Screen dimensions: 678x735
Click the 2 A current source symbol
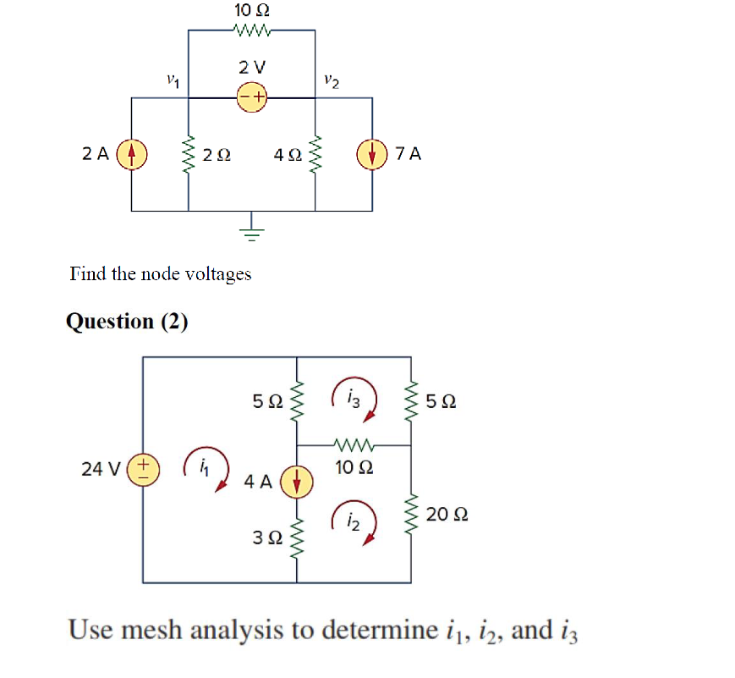point(131,155)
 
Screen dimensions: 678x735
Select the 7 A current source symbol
point(372,155)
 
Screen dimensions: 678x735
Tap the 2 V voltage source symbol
point(251,98)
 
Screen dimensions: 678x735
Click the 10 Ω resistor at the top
point(251,31)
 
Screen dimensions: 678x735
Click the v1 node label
point(173,81)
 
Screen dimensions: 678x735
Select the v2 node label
point(331,81)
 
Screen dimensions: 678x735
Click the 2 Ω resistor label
point(217,155)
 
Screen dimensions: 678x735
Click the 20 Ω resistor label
point(447,515)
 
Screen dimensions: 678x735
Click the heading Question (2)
point(127,322)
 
